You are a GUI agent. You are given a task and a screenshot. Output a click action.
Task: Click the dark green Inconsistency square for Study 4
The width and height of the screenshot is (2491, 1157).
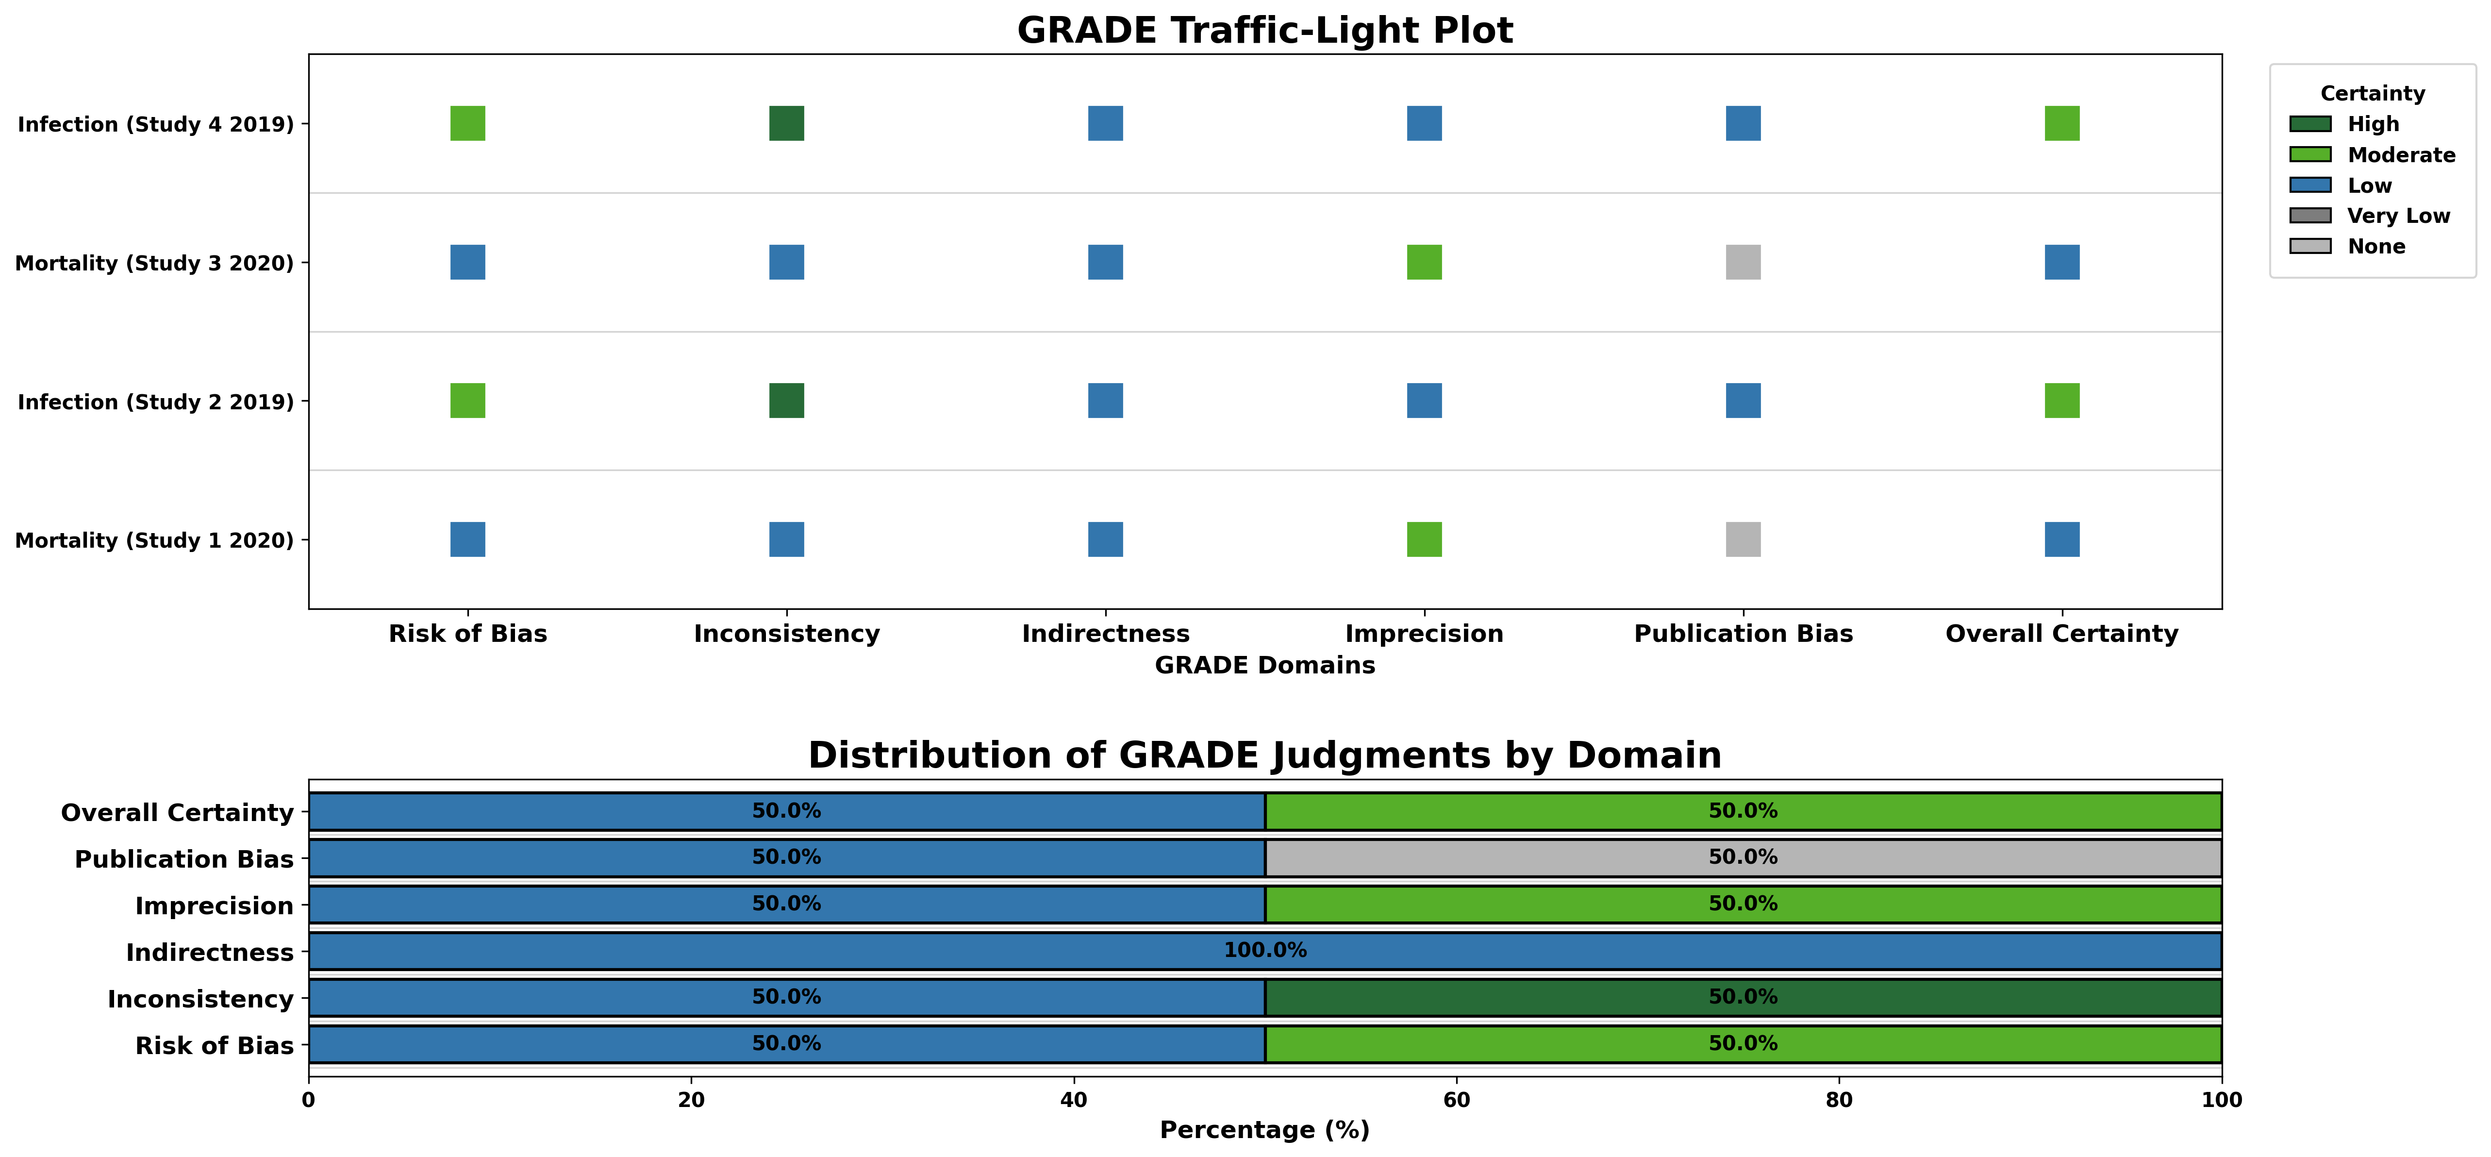coord(786,124)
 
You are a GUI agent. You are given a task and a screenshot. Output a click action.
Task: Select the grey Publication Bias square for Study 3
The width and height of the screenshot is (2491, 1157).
coord(1743,262)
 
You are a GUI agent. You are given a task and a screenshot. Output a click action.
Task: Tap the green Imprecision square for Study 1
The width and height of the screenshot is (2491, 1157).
coord(1424,540)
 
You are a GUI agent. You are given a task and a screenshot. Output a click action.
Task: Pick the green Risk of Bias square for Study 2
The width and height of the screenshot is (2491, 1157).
coord(467,401)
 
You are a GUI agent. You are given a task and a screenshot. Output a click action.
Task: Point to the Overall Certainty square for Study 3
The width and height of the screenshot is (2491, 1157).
coord(2061,262)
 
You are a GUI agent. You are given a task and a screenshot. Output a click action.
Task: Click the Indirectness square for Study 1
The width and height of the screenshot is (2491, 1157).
coord(1105,540)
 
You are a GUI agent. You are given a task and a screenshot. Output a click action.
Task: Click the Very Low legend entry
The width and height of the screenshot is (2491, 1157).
coord(2398,216)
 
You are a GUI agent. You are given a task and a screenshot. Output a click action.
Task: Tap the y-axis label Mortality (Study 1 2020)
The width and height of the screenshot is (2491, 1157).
coord(155,541)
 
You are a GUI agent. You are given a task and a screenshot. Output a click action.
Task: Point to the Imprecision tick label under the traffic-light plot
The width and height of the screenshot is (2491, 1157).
coord(1424,634)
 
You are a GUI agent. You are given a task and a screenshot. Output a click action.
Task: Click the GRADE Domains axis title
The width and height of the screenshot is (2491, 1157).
coord(1265,666)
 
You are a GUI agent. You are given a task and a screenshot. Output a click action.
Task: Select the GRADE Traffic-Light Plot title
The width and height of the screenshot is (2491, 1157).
coord(1265,31)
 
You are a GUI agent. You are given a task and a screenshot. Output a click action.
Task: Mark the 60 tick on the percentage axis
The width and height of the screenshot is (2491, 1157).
coord(1456,1100)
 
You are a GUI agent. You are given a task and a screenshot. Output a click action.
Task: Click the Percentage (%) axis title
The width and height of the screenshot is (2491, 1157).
coord(1265,1130)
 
